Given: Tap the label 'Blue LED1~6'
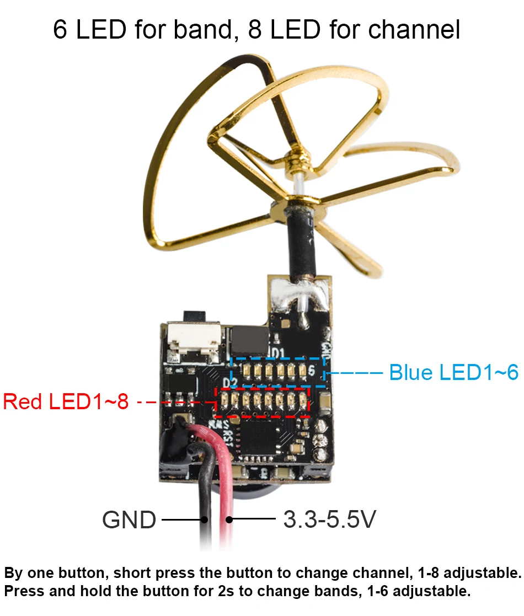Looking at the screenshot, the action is [x=453, y=373].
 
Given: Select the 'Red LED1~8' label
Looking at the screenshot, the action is [x=66, y=401].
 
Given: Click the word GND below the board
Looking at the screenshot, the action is [x=129, y=519].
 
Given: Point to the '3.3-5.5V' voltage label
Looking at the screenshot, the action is [x=329, y=519].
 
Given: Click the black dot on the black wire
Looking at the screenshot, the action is [x=205, y=519].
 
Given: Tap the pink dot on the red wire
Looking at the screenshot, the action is [x=228, y=519].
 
